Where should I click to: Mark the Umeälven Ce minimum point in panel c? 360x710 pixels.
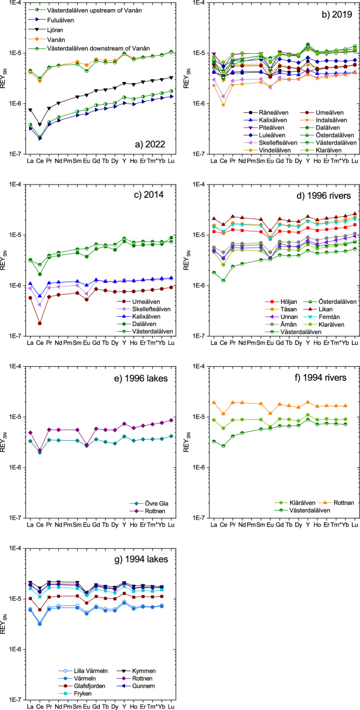[40, 323]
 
